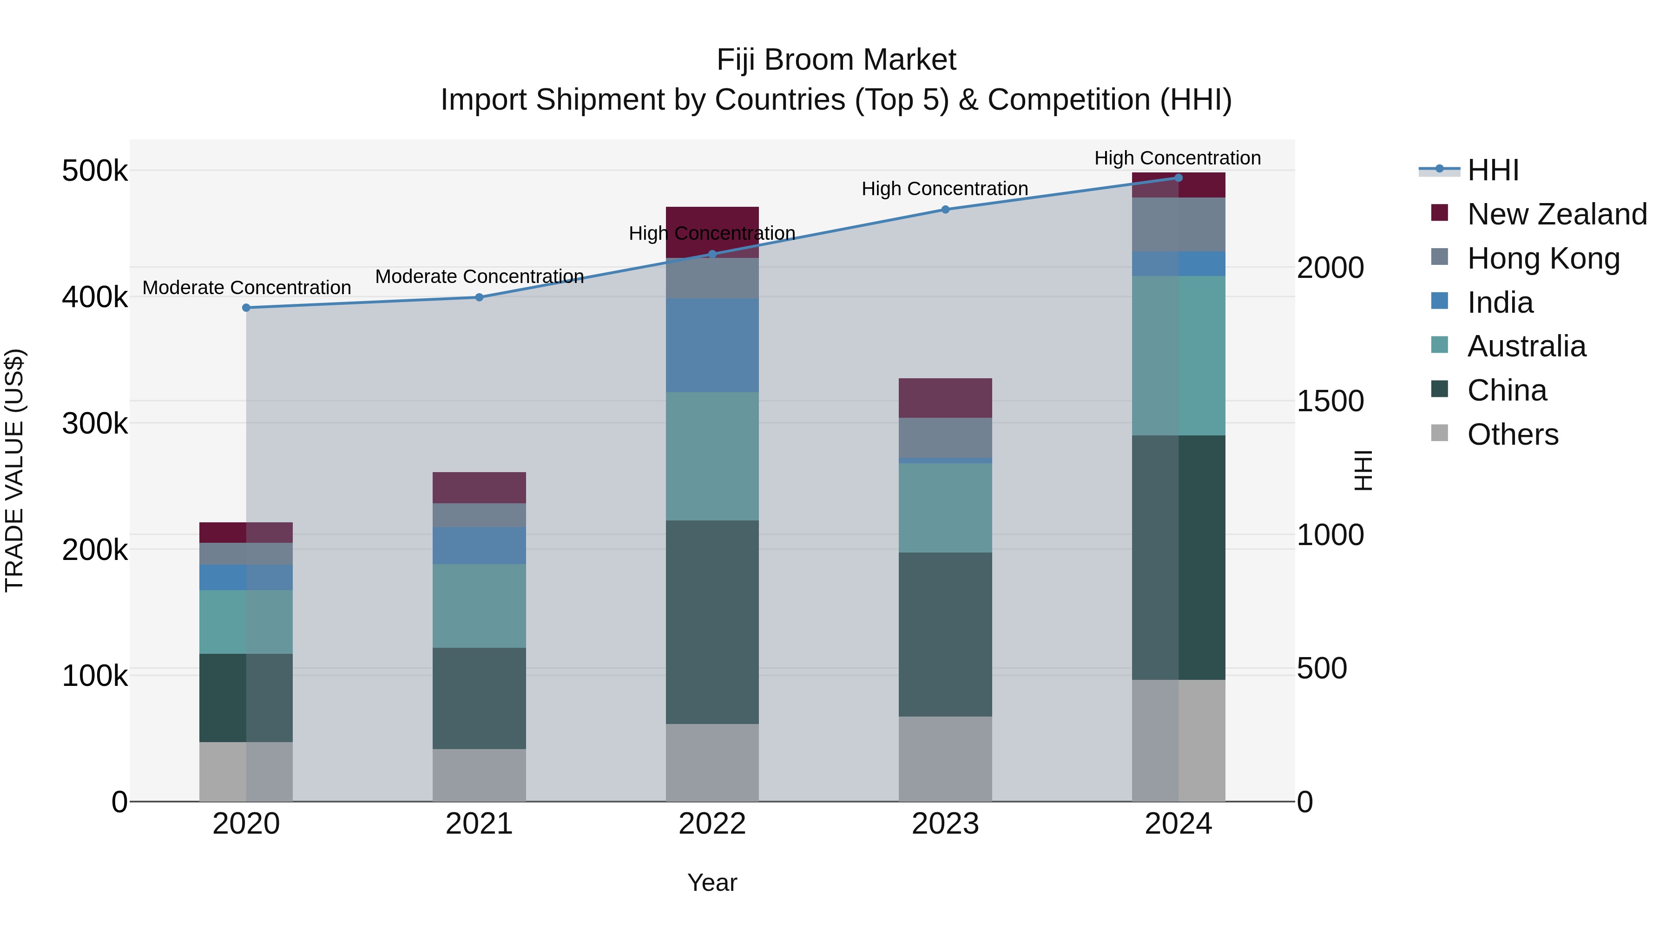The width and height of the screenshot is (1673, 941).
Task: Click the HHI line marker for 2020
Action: pos(246,308)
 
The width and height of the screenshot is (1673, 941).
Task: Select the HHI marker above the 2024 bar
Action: pos(1179,178)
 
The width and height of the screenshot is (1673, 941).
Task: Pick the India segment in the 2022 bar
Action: pos(712,345)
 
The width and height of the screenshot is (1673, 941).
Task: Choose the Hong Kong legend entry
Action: pos(1543,258)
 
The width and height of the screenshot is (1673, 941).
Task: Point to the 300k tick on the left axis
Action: pos(95,423)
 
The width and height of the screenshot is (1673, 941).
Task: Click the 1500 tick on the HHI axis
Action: pos(1330,401)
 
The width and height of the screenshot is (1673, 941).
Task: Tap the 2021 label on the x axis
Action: pos(479,823)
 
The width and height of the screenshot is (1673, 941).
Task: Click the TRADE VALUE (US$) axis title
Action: pos(15,470)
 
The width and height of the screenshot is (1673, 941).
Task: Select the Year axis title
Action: pos(712,882)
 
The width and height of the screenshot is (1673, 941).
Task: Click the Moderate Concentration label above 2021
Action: pos(479,276)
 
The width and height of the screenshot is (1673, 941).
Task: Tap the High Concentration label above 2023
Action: pos(944,189)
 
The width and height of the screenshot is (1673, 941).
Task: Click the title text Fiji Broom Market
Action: pos(836,60)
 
